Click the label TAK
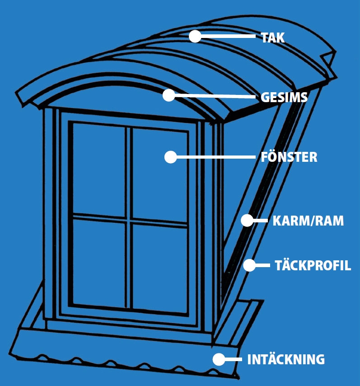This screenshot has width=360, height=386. coord(273,38)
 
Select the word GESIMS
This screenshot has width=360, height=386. coord(284,97)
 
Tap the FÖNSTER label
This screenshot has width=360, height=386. coord(289,157)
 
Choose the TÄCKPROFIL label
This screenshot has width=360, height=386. coord(313,265)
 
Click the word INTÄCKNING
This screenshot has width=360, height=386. coord(286,360)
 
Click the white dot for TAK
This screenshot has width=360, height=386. coord(195,36)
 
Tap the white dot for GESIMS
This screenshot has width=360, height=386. coord(169,95)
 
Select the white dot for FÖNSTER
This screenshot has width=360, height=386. coord(170,157)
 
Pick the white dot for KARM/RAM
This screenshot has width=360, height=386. coord(247,221)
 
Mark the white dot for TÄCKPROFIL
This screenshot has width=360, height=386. coord(249,265)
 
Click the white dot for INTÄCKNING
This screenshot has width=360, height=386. coord(219,359)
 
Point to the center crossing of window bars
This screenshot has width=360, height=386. coord(130,219)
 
